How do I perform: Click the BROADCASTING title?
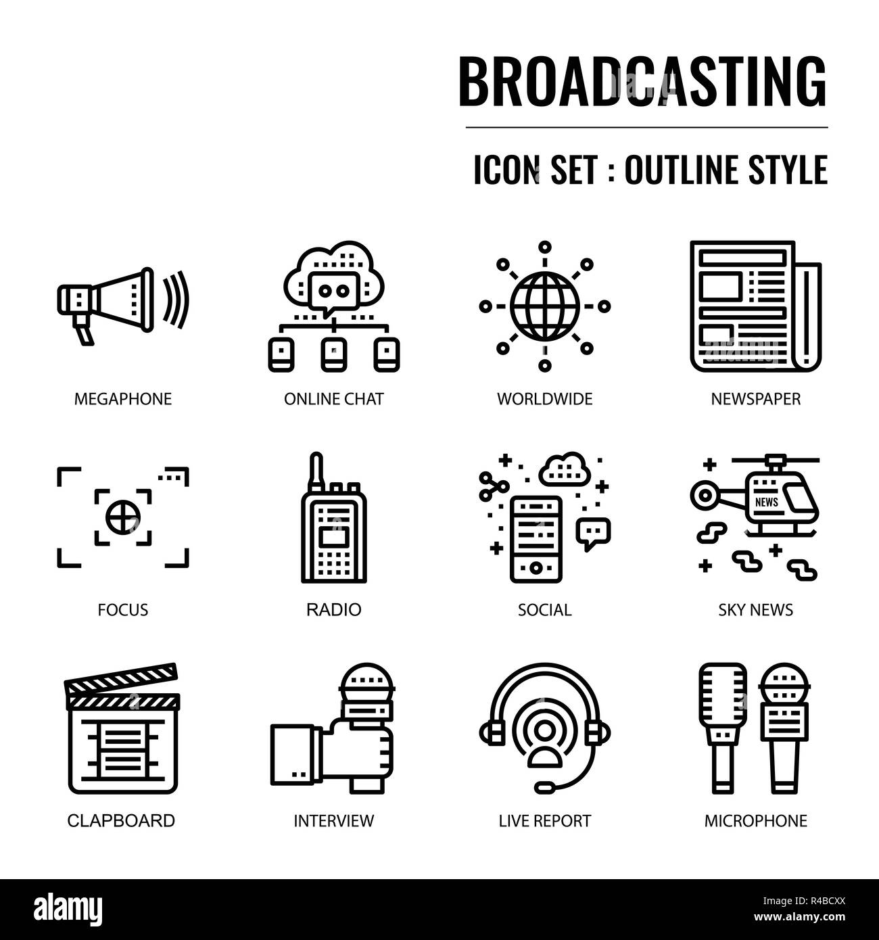tap(642, 80)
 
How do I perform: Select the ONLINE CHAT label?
tap(333, 399)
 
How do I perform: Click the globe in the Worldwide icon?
tap(544, 306)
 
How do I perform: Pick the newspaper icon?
tap(755, 306)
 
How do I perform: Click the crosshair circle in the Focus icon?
tap(122, 517)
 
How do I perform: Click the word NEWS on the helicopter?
tap(766, 502)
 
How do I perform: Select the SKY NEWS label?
tap(755, 610)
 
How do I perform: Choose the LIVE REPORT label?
tap(544, 821)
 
